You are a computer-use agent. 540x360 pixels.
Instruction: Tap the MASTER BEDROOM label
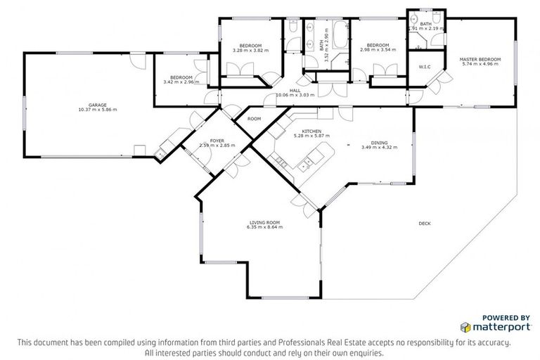click(x=480, y=59)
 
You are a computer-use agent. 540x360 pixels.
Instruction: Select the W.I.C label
click(x=424, y=67)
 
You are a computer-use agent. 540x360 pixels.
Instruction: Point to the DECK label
click(x=425, y=224)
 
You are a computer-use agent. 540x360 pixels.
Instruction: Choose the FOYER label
click(x=209, y=140)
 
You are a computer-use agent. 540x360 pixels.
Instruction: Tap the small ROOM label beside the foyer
click(x=254, y=119)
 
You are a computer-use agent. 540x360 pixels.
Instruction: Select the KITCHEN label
click(x=311, y=131)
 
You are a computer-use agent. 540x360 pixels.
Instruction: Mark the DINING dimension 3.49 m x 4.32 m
click(x=379, y=147)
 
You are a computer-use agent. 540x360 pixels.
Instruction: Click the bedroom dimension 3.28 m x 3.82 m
click(x=250, y=51)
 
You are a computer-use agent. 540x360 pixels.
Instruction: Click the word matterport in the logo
click(x=502, y=327)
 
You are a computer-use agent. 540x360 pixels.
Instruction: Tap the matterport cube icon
click(x=465, y=327)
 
